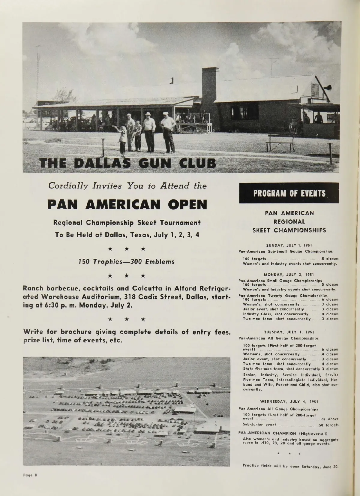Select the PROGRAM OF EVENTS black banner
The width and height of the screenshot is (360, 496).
click(289, 193)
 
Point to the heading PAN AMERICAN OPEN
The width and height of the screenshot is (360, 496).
click(127, 205)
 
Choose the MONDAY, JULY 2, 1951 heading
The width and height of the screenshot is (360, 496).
click(289, 274)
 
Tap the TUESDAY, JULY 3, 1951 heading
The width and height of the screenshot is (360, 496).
click(289, 332)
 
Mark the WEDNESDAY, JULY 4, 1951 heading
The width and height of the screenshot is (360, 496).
click(289, 401)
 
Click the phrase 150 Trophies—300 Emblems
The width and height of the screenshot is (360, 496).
click(126, 262)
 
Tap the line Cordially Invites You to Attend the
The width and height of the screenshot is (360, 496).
click(127, 186)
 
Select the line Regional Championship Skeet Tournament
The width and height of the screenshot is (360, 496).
click(127, 223)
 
